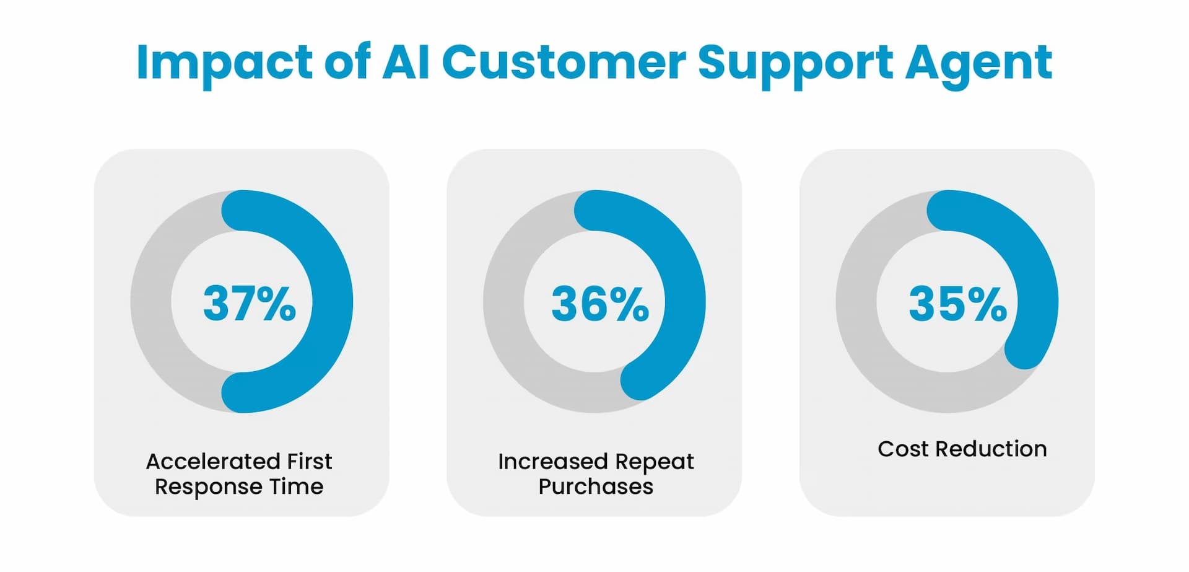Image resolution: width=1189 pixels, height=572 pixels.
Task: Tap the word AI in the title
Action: tap(406, 62)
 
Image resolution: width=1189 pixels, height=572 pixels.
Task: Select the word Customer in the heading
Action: tap(564, 62)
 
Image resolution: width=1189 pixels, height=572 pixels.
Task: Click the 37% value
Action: tap(250, 304)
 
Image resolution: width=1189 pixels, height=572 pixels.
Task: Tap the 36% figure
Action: tap(600, 304)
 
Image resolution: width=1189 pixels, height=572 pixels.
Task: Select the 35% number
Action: tap(957, 304)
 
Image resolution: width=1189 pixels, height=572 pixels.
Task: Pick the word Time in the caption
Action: tap(296, 487)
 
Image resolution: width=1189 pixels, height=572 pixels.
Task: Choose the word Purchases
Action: tap(596, 487)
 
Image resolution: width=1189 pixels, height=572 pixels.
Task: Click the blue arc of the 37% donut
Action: tap(333, 301)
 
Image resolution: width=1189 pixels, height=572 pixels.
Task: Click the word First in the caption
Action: tap(310, 462)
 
